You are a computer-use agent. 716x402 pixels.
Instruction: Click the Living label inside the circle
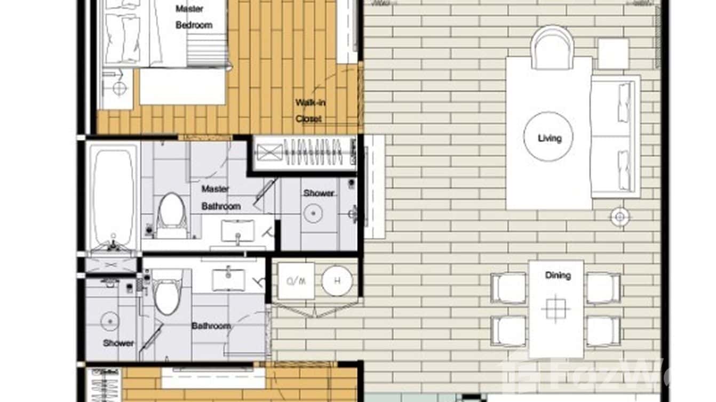click(549, 138)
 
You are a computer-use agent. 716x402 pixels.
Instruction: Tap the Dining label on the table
click(558, 276)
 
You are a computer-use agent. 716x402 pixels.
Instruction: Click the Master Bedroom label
click(193, 17)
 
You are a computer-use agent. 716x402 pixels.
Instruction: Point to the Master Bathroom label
click(220, 197)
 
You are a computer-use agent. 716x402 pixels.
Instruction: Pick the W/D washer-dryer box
click(296, 280)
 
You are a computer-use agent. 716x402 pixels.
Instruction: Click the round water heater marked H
click(337, 280)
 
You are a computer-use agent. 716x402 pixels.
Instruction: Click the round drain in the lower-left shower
click(109, 321)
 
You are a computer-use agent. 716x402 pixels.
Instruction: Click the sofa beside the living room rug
click(615, 136)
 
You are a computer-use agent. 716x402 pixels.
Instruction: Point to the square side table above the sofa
click(613, 54)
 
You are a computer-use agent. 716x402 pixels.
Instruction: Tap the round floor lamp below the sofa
click(619, 216)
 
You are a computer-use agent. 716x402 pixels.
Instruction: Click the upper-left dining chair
click(508, 288)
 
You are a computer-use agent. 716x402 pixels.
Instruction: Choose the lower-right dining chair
click(603, 331)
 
